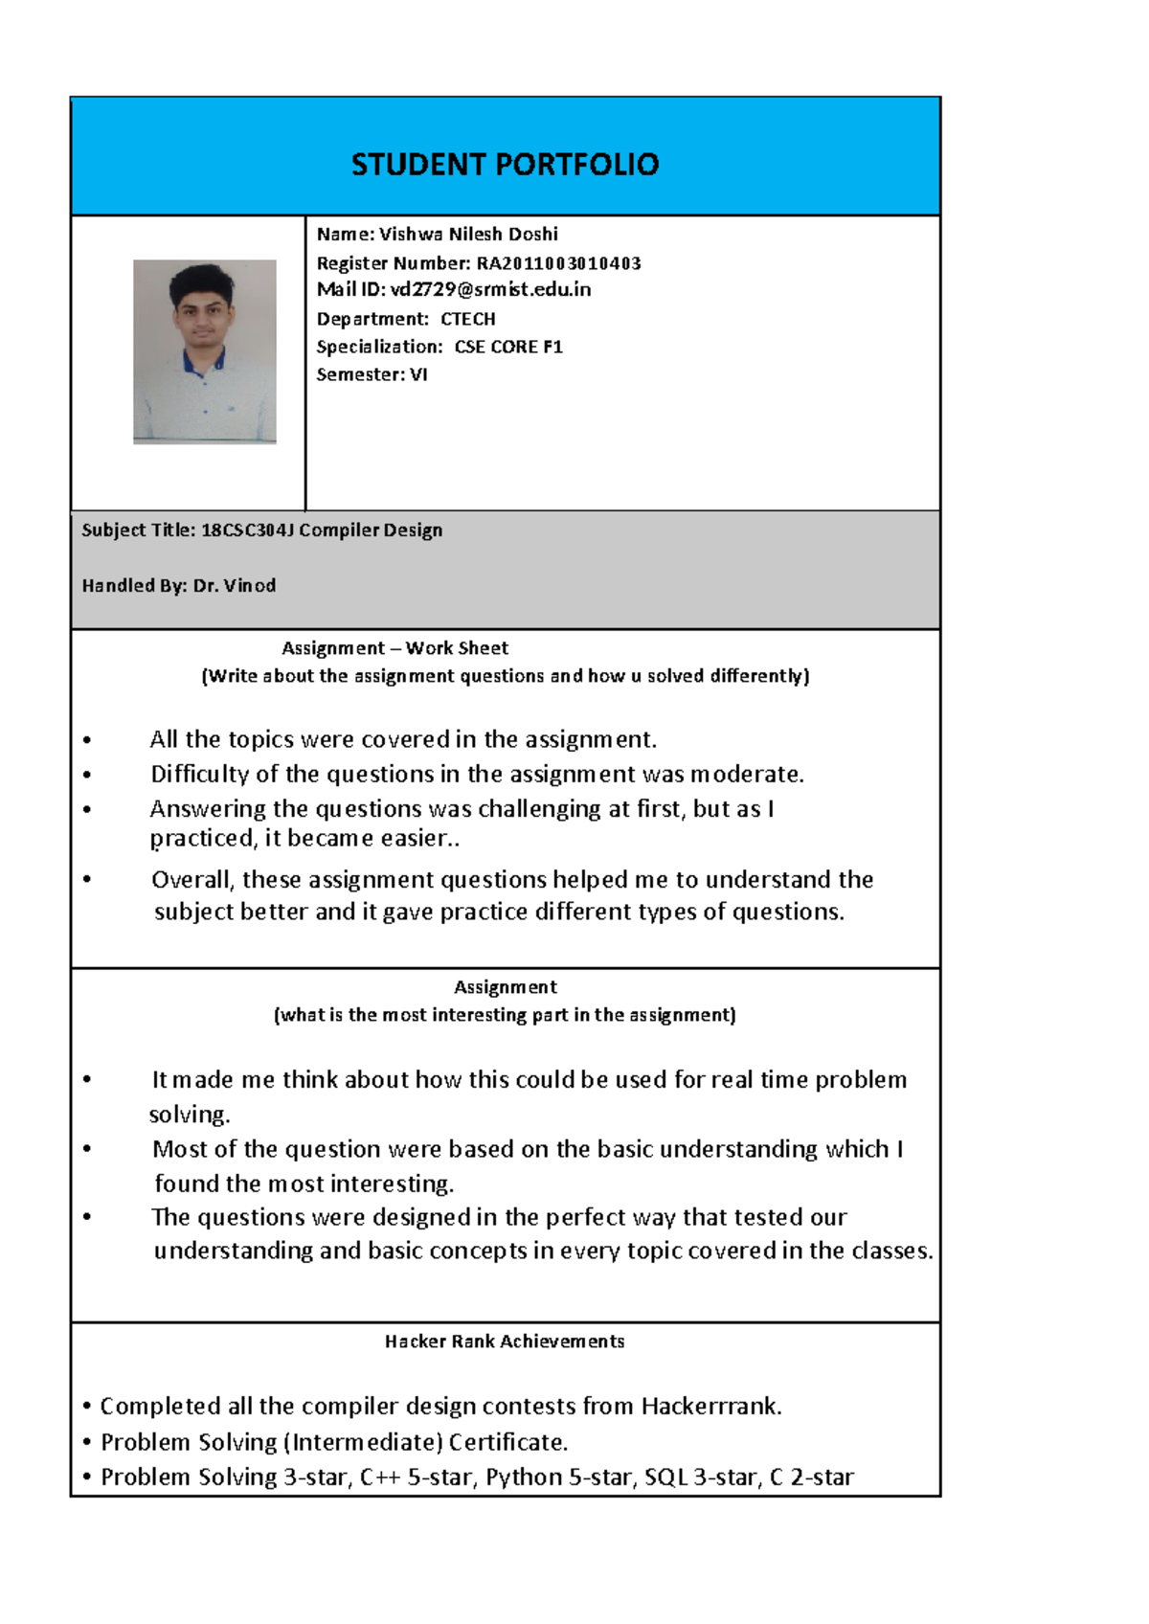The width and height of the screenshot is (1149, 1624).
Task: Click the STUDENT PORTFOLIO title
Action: coord(505,165)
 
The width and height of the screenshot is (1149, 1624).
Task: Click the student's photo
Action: coord(204,351)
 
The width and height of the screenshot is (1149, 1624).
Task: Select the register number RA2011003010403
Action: coord(558,263)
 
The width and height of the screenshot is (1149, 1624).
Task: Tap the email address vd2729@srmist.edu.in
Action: coord(490,289)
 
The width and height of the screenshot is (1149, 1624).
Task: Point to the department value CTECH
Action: coord(467,319)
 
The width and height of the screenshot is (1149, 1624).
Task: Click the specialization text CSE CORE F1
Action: coord(507,347)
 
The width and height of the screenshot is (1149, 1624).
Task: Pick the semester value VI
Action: coord(418,374)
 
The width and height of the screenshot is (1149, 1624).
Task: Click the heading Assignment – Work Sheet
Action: coord(394,648)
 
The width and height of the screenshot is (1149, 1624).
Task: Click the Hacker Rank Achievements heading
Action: coord(505,1342)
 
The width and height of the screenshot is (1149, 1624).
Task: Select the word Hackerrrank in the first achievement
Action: coord(711,1406)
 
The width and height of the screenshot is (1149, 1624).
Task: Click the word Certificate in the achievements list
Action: coord(507,1442)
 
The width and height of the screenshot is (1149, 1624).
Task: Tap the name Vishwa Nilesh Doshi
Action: coord(468,235)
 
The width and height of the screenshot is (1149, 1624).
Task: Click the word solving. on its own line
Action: coord(190,1115)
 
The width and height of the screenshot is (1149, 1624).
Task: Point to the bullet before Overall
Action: coord(87,879)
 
